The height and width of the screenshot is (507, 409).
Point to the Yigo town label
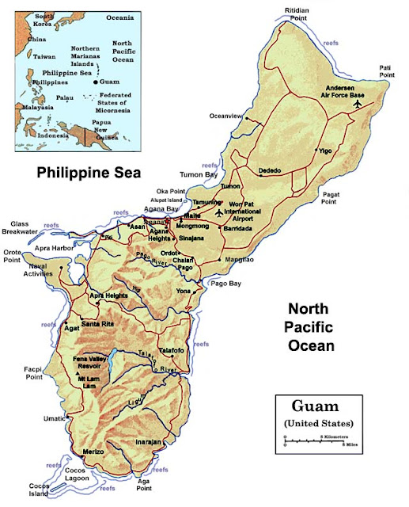(x=325, y=150)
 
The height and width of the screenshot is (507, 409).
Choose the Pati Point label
(x=388, y=71)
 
